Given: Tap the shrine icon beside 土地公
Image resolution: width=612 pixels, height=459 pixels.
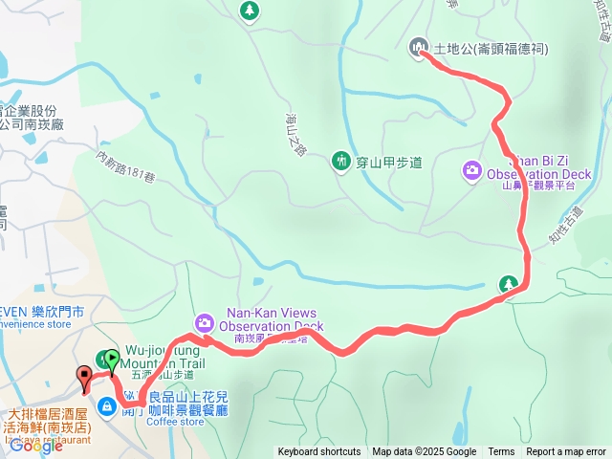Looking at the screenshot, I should click(x=418, y=47).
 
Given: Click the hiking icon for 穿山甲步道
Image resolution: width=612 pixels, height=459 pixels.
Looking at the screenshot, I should click(x=340, y=162).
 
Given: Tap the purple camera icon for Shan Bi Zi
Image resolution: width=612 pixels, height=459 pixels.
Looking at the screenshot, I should click(x=471, y=171).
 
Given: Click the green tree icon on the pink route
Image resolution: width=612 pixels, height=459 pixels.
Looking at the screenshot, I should click(x=509, y=284).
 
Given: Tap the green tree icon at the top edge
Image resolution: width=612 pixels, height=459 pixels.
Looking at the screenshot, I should click(x=250, y=11).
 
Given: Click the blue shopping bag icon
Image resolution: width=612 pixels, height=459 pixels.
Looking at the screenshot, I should click(x=107, y=407).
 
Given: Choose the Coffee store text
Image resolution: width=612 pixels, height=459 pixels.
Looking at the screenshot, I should click(x=175, y=422).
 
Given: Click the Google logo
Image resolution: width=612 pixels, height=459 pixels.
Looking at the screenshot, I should click(x=36, y=445).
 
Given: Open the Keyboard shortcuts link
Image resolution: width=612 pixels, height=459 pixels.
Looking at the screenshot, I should click(x=319, y=452).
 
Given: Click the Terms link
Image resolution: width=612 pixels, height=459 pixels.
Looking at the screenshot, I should click(x=501, y=452).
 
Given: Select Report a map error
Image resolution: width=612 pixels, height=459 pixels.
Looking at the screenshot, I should click(x=566, y=452).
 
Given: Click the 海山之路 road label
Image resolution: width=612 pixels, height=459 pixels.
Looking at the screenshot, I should click(x=294, y=134).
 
